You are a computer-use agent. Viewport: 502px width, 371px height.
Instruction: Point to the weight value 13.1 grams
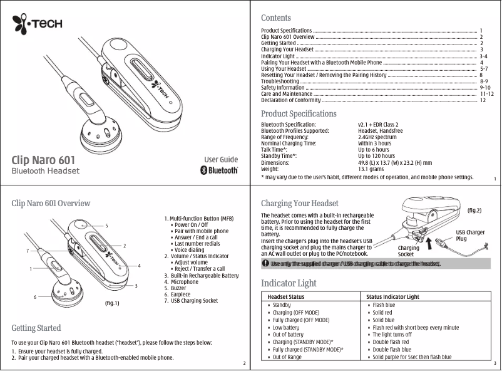coord(371,169)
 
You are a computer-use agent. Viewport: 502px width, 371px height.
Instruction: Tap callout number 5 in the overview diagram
coord(106,225)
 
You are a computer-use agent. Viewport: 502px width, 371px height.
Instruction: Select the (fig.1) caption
coord(108,303)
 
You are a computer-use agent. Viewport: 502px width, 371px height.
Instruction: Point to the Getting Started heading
coord(36,328)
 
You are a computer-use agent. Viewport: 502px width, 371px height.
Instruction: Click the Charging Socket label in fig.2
coord(409,251)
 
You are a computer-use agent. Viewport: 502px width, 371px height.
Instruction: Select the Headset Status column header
coord(286,296)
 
